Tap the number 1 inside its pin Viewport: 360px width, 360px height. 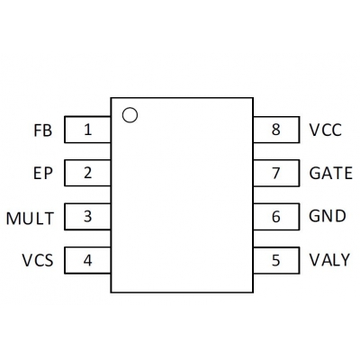tap(87, 130)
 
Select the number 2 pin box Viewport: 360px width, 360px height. tap(87, 173)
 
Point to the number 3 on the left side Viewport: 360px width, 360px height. tap(87, 216)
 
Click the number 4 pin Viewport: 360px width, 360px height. tap(87, 260)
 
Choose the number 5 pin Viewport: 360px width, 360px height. tap(276, 260)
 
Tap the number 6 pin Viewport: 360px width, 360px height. tap(276, 216)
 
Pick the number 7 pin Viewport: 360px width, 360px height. tap(276, 173)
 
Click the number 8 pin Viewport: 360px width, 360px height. tap(276, 130)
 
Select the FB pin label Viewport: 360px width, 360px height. tap(43, 130)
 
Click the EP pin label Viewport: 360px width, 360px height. tap(43, 174)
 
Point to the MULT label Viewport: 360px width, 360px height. tap(30, 219)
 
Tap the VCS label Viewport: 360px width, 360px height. tap(38, 260)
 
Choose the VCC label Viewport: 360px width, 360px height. tap(326, 130)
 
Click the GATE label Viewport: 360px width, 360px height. tap(330, 174)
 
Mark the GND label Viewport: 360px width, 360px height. tap(328, 216)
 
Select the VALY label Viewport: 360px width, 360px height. tap(329, 260)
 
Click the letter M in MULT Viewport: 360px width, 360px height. tap(13, 219)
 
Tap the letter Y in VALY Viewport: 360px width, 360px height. tap(345, 260)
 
